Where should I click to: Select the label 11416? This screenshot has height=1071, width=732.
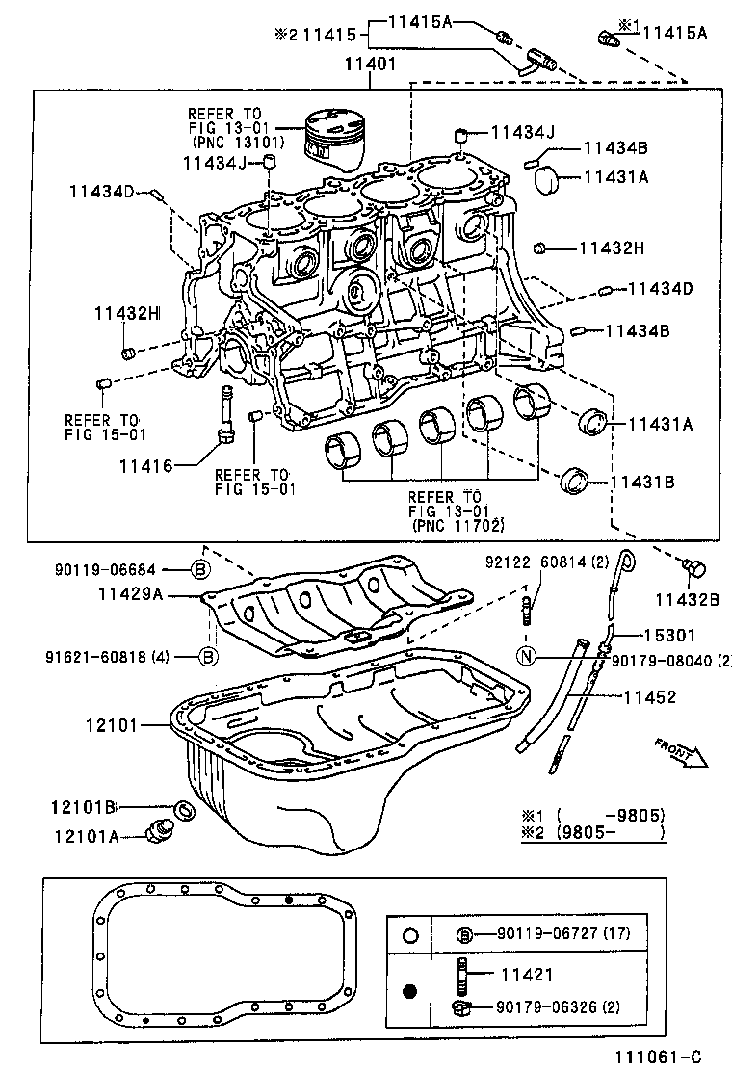click(x=145, y=466)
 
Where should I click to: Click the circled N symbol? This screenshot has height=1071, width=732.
click(x=526, y=657)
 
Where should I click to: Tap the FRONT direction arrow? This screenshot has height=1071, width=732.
click(x=680, y=752)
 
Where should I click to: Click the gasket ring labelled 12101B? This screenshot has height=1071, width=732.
click(x=182, y=809)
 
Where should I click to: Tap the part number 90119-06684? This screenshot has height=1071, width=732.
click(x=105, y=570)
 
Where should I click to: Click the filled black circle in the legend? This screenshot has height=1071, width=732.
click(x=410, y=990)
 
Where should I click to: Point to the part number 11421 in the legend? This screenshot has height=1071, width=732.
click(x=527, y=974)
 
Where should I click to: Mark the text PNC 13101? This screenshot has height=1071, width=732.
click(x=233, y=144)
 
